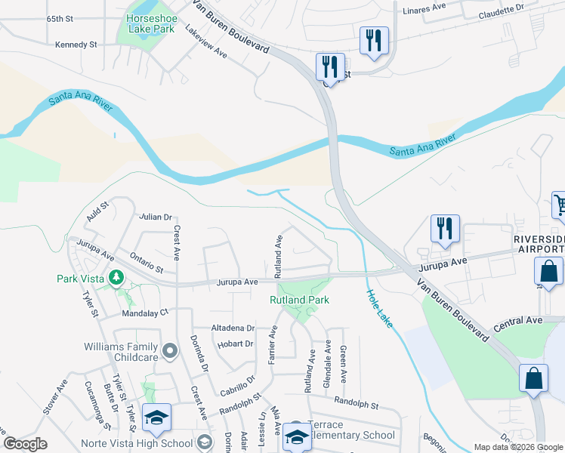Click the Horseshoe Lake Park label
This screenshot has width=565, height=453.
150,23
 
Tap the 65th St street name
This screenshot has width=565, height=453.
61,18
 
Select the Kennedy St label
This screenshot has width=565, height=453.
76,45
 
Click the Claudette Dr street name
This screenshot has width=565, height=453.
501,11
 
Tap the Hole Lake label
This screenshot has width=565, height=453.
379,309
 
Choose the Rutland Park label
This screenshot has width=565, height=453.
299,300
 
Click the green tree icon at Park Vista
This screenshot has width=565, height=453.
116,279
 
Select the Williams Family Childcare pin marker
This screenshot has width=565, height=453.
169,350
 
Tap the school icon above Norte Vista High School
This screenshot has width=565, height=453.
157,418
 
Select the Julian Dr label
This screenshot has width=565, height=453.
156,217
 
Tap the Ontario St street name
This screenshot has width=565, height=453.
146,263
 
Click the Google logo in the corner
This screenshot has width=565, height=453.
25,444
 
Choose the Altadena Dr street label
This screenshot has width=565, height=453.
234,328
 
